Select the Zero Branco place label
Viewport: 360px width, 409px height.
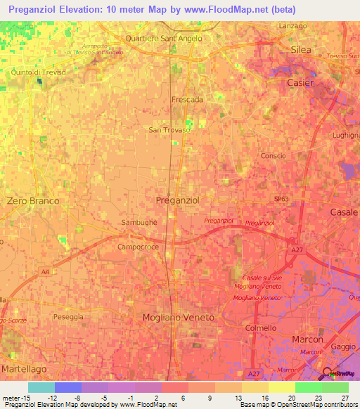pos(33,200)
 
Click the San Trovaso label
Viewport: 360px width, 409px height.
pos(169,129)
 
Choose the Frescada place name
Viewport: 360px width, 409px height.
pos(187,100)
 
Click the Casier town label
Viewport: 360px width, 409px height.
pos(300,82)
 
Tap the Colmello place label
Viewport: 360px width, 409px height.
pos(261,327)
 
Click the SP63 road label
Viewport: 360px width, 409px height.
pos(281,199)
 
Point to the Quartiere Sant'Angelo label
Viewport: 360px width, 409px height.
pos(163,38)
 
